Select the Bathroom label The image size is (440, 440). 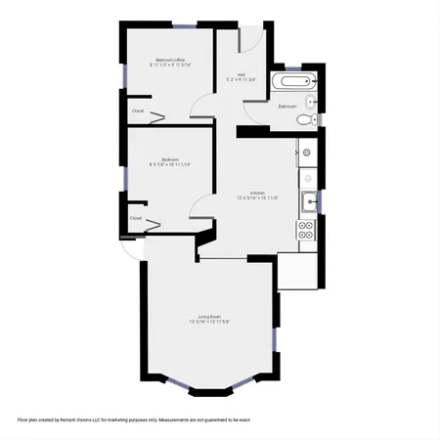click(x=287, y=106)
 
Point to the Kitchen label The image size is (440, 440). click(x=257, y=193)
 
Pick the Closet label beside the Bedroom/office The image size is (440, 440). click(x=137, y=110)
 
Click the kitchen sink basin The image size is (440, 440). click(x=307, y=201)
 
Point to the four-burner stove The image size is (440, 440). click(x=306, y=231)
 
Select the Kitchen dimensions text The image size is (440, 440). click(x=257, y=198)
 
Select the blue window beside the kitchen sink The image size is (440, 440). click(x=319, y=202)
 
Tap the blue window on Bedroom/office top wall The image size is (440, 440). click(x=184, y=23)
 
